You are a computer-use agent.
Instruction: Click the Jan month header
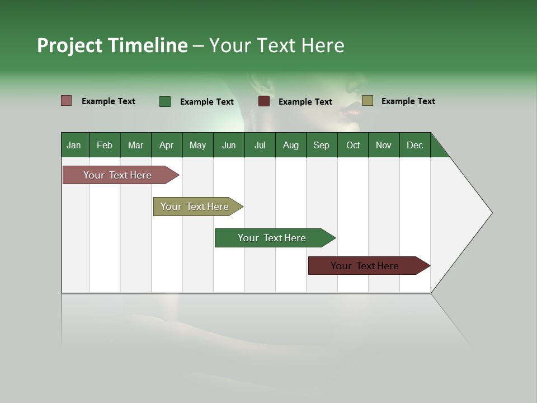(x=74, y=145)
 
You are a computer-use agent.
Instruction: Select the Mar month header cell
(x=135, y=145)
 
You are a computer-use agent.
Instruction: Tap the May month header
(x=197, y=145)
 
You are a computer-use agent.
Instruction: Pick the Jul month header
(x=260, y=145)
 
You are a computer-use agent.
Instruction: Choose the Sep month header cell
(x=321, y=145)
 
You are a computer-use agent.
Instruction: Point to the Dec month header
(x=414, y=145)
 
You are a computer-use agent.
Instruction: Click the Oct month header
(x=352, y=145)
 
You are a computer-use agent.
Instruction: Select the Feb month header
(x=105, y=145)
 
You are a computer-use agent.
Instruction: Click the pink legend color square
(x=67, y=101)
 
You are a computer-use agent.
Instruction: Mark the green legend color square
(x=165, y=101)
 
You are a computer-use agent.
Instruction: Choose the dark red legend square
(x=264, y=101)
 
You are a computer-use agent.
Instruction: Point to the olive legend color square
(x=367, y=101)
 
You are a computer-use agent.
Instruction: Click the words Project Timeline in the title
(x=112, y=45)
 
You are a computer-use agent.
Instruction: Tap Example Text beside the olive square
(x=408, y=101)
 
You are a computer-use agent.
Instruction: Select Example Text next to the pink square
(x=109, y=101)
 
